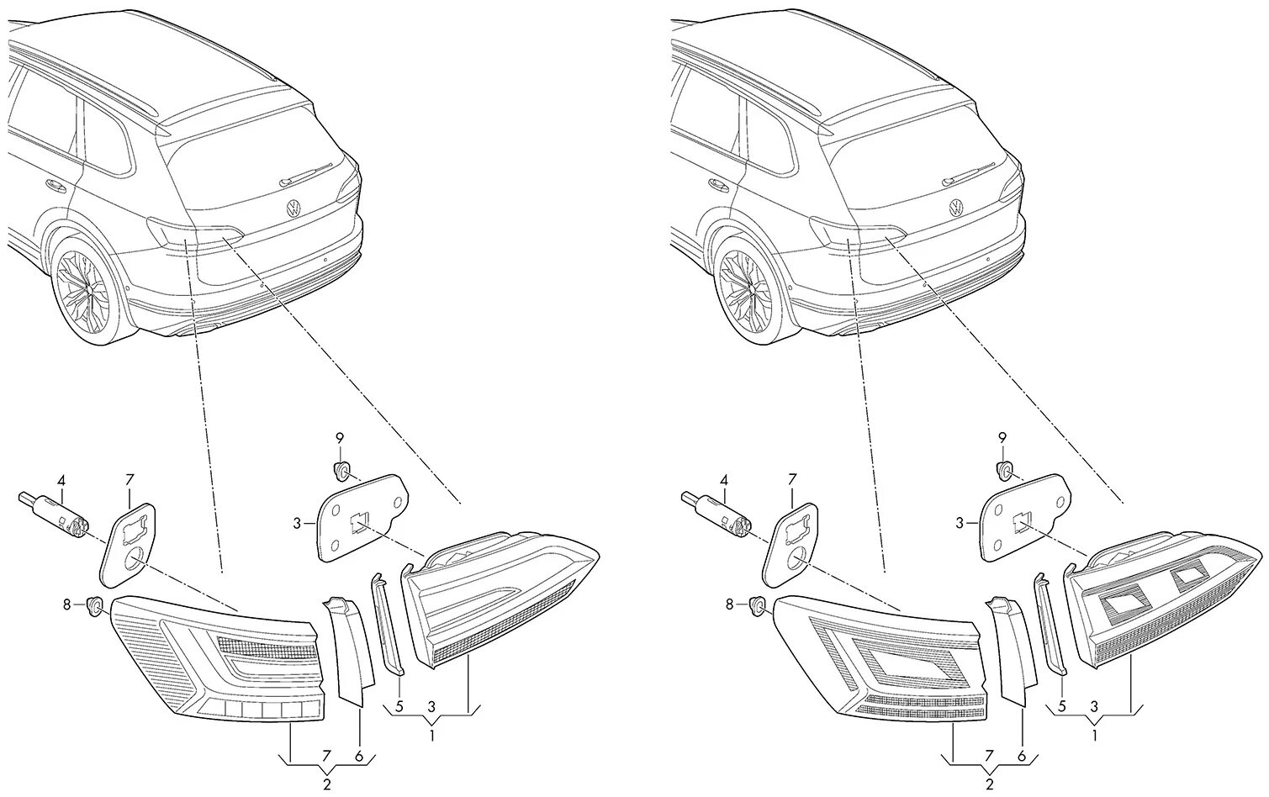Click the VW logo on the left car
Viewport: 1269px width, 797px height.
click(x=293, y=208)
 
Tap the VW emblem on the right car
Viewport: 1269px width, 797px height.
click(x=957, y=208)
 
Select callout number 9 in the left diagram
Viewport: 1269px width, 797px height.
click(x=340, y=438)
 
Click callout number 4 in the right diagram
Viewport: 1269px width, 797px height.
click(x=724, y=481)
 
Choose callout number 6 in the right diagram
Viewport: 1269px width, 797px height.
click(x=1023, y=757)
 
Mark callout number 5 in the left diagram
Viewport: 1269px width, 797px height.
click(x=399, y=705)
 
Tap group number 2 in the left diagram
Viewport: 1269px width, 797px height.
click(x=325, y=785)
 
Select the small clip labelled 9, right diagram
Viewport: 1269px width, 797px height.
click(x=1004, y=468)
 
